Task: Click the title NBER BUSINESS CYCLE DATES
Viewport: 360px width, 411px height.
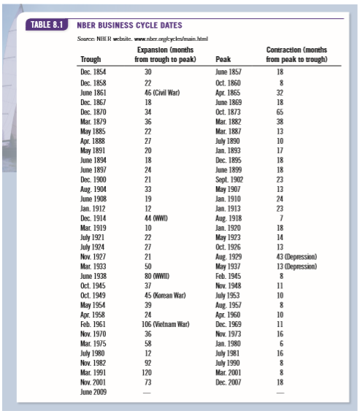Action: coord(129,26)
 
